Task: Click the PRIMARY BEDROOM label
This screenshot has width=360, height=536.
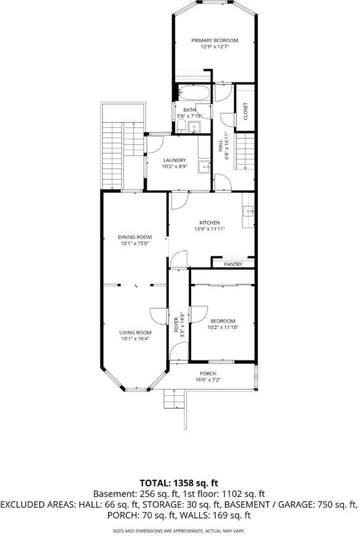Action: [215, 40]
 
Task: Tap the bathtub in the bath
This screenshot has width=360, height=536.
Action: [194, 92]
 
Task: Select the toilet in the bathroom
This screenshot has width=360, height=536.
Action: [181, 126]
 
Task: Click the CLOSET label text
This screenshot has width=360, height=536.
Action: [245, 111]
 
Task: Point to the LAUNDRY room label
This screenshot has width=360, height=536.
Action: [175, 160]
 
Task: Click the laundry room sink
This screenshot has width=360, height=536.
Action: [204, 167]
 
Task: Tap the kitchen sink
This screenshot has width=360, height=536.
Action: [248, 212]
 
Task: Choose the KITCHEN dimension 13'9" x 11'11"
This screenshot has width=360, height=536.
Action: [210, 229]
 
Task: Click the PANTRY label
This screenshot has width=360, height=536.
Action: [233, 264]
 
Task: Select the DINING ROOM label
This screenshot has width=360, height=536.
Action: [135, 237]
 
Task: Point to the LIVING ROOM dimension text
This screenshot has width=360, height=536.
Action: [135, 339]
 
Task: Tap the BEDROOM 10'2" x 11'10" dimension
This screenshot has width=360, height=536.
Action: [223, 327]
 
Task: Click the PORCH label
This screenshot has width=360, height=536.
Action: [208, 374]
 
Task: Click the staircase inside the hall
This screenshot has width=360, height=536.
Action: [245, 151]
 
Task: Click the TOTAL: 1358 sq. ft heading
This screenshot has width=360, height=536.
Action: [178, 483]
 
